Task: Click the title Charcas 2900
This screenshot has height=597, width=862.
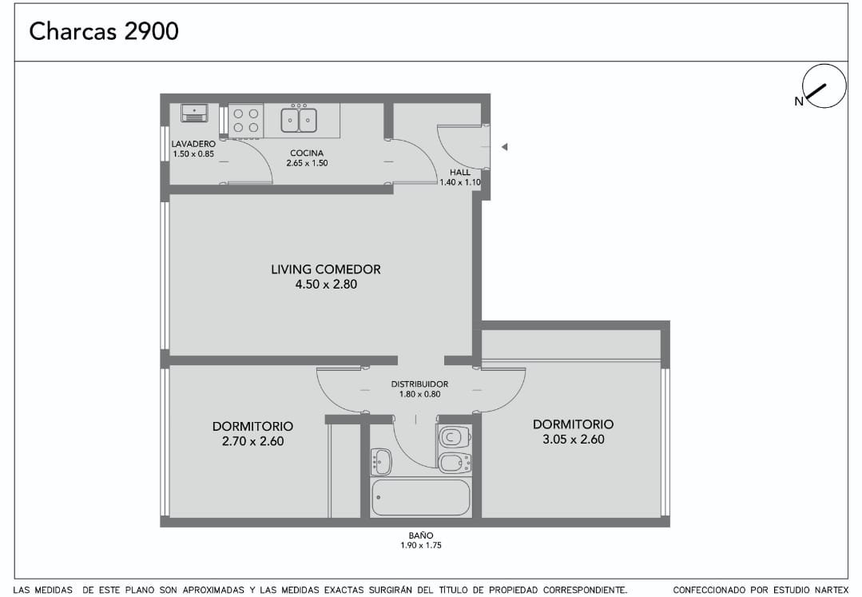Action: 104,31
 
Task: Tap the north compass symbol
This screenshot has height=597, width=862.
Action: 824,86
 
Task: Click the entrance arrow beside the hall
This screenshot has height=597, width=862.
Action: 504,147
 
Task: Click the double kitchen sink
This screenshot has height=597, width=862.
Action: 299,119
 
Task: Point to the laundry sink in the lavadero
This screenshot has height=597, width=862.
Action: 195,113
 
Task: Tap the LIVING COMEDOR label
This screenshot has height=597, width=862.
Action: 326,269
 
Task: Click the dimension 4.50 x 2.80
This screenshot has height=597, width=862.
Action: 326,285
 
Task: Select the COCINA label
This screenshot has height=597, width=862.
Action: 307,153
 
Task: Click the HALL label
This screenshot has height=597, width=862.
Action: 460,172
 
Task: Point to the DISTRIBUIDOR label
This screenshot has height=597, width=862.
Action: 419,384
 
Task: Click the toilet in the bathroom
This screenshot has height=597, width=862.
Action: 454,437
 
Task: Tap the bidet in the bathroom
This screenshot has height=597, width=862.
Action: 455,463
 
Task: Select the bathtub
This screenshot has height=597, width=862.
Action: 421,497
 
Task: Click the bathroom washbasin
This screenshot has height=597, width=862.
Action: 381,462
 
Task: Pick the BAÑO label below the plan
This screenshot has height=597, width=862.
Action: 420,535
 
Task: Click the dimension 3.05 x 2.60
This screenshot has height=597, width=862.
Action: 574,440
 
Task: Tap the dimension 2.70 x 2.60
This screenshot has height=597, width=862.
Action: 253,441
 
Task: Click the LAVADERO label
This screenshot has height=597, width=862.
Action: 193,144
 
